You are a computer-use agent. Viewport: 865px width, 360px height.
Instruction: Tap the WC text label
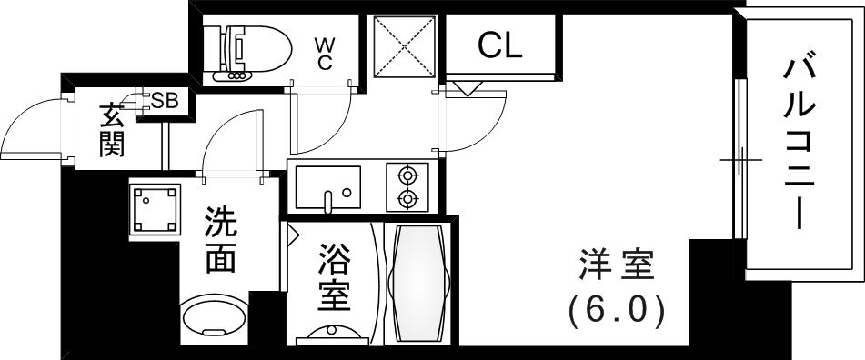coord(325,52)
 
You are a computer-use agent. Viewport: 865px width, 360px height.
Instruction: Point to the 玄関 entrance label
coord(112,130)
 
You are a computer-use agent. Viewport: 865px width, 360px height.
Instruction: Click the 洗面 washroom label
coord(221,240)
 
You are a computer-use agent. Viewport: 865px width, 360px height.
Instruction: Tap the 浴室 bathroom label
coord(334,279)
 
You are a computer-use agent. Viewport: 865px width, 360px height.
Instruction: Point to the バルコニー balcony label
coord(800,142)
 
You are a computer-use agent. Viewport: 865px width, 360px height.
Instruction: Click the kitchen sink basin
coord(325,186)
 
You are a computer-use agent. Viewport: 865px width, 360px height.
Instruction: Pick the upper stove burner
coord(407,174)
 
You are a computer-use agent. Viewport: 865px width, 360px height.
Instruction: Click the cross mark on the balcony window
coord(739,160)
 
